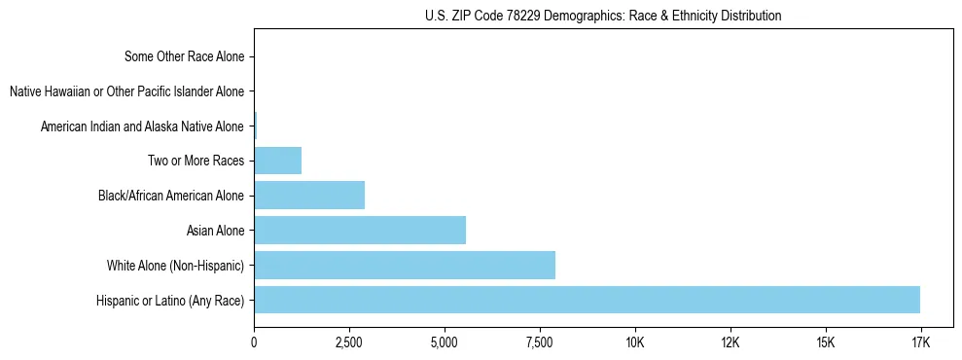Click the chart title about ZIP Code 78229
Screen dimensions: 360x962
tap(603, 16)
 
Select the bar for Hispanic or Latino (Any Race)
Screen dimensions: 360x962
tap(587, 300)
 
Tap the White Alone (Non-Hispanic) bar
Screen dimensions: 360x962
tap(405, 265)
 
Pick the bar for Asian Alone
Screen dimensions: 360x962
tap(360, 230)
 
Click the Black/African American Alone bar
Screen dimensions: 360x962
tap(309, 195)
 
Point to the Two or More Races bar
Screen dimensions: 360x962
tap(278, 160)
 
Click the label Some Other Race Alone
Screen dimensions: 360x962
tap(185, 56)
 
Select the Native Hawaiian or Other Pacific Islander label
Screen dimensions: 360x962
tap(126, 91)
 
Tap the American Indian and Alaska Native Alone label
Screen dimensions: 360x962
tap(142, 126)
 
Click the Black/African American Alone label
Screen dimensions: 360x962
tap(171, 196)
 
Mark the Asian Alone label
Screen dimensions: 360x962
tap(215, 231)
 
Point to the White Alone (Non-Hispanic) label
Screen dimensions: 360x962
tap(175, 266)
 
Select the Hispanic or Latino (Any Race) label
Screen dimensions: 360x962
tap(170, 301)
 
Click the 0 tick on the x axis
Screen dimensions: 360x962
tap(254, 342)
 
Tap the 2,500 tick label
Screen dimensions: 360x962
tap(349, 342)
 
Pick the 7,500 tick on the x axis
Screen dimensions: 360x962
tap(540, 342)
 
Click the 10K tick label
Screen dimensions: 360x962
tap(635, 342)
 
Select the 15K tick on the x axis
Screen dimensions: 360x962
tap(826, 342)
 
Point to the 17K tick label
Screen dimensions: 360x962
tap(920, 342)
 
